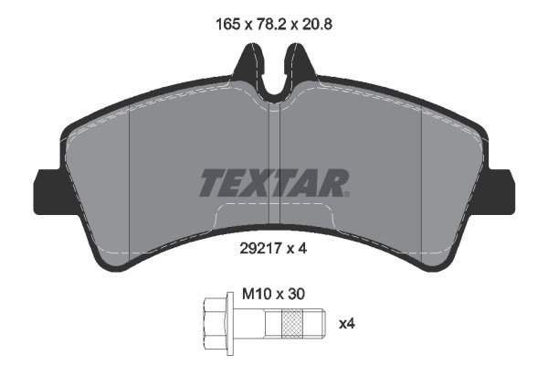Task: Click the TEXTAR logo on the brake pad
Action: tap(272, 183)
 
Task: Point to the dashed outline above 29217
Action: tap(274, 208)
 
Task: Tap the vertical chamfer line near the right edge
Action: tap(420, 183)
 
